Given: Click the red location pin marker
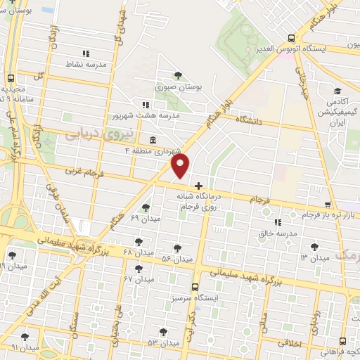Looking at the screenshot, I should [181, 166].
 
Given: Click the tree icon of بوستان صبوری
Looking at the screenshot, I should [177, 75].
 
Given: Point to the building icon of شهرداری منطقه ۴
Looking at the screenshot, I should [153, 139].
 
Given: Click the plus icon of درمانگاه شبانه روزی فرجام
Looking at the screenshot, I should [198, 186].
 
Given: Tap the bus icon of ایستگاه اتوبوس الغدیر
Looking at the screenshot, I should [292, 39].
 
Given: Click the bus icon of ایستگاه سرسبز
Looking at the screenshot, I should [195, 287].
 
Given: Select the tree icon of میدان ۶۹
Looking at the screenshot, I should [146, 207].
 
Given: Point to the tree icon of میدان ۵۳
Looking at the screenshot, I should [163, 332].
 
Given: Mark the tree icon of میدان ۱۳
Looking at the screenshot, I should [314, 247].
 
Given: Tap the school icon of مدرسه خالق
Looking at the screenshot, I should [277, 221].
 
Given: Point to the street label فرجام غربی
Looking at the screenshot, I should [84, 171].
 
